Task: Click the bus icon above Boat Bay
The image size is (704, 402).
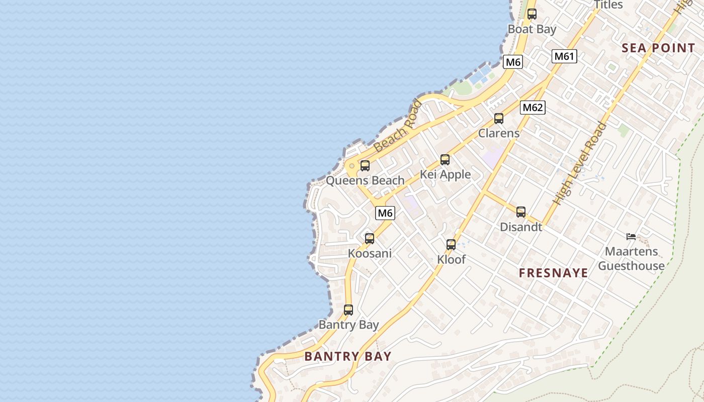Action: (x=532, y=14)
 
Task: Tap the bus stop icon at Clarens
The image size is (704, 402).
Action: (x=498, y=119)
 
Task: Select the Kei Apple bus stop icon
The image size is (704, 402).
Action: (x=445, y=160)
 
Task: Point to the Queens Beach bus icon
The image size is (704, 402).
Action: (x=365, y=166)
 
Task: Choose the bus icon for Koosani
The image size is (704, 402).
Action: (x=370, y=239)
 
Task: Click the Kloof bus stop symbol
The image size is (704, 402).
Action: (x=451, y=245)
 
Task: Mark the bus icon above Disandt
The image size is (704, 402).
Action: (x=521, y=212)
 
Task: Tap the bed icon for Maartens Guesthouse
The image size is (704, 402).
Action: (x=631, y=236)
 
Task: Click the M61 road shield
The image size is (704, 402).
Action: (x=564, y=56)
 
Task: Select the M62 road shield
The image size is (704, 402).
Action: (x=533, y=107)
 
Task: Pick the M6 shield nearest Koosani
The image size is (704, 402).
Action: (x=385, y=213)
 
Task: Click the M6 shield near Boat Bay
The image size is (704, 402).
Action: (x=513, y=62)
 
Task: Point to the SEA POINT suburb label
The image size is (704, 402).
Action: (x=658, y=48)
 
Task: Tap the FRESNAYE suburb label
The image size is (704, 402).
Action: (x=553, y=273)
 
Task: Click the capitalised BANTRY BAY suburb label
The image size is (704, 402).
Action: (x=348, y=356)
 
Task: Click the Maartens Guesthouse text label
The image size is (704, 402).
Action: (x=631, y=258)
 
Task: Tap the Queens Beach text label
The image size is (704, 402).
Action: (x=365, y=180)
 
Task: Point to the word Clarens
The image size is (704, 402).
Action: (x=498, y=133)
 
